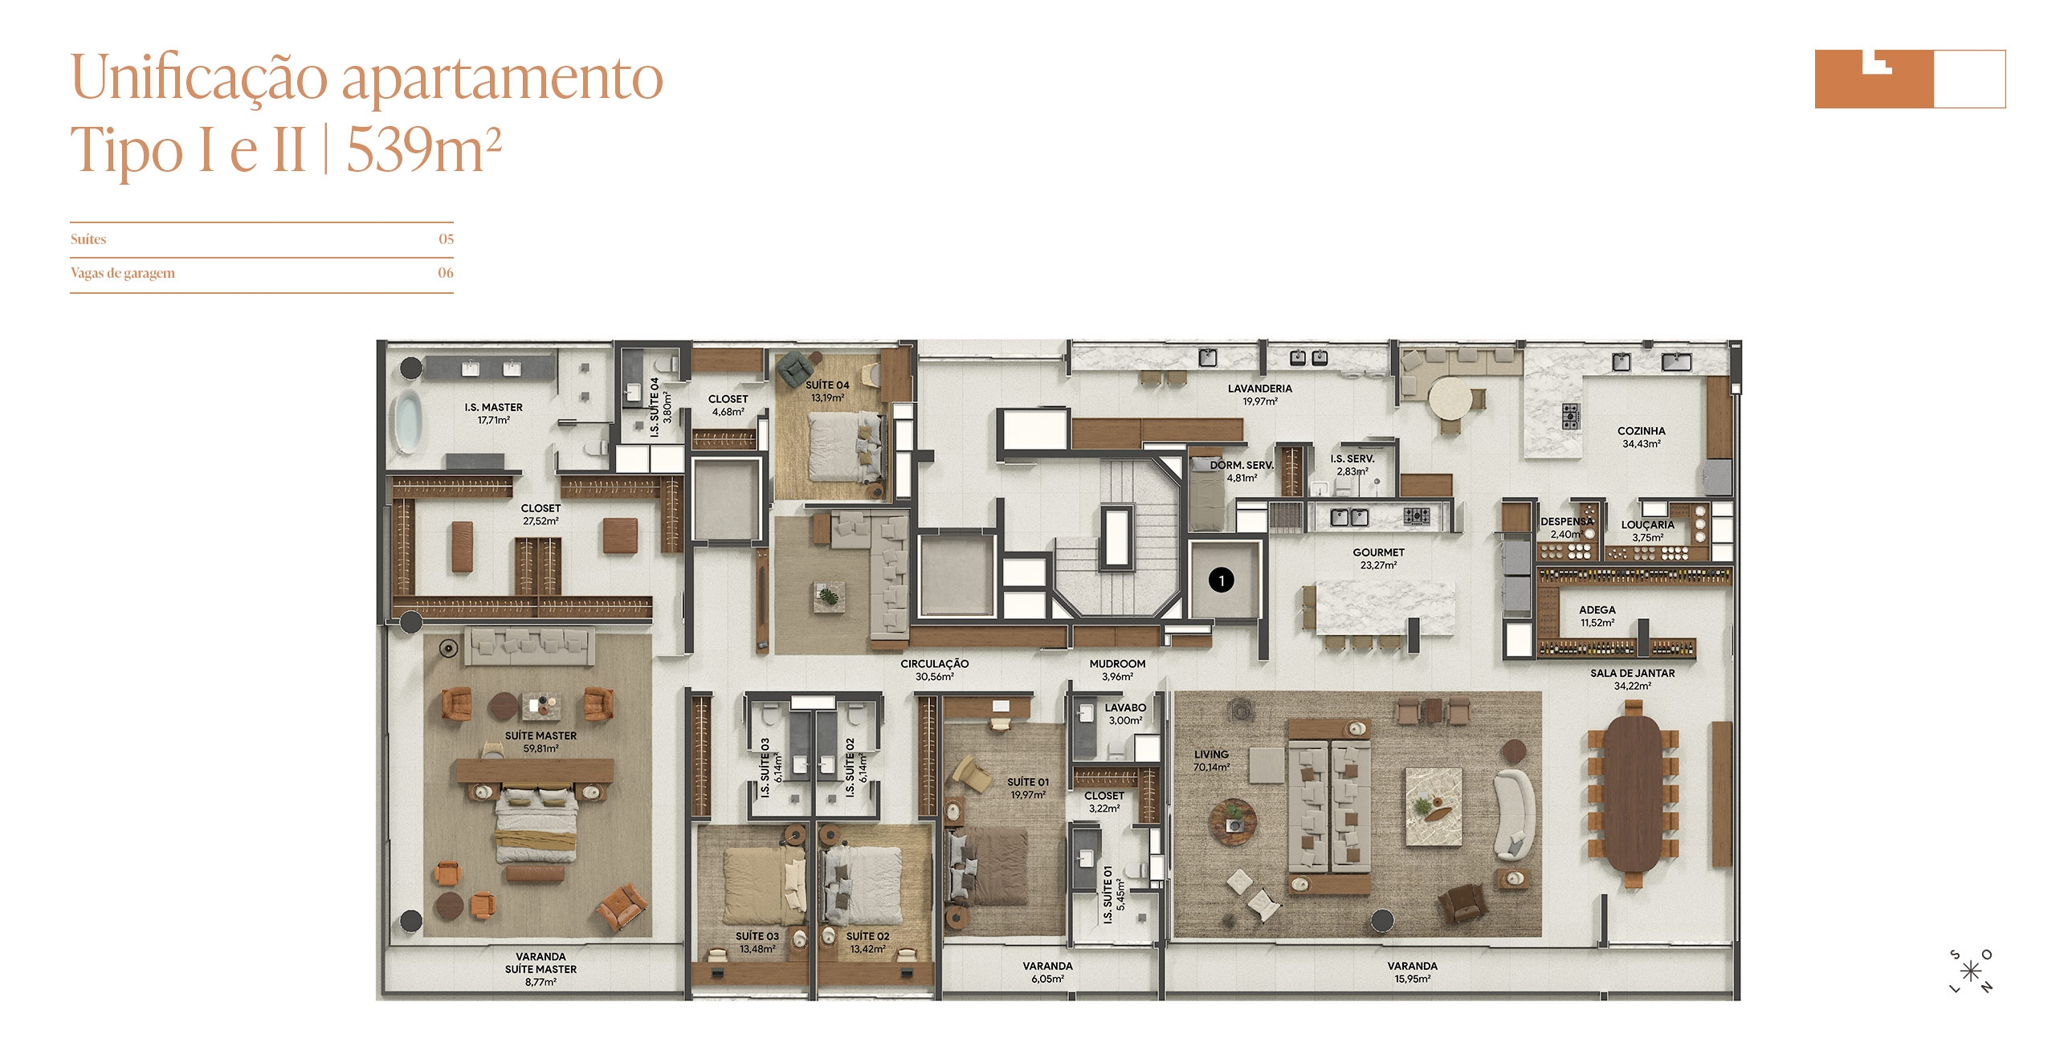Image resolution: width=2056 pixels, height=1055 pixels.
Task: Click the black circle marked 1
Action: point(1222,580)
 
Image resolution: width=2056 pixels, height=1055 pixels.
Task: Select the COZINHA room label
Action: point(1642,431)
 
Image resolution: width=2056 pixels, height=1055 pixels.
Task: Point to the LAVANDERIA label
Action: point(1260,389)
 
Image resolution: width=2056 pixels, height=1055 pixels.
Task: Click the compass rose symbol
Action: point(1970,971)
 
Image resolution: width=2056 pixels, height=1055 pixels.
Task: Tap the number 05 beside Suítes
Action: point(446,239)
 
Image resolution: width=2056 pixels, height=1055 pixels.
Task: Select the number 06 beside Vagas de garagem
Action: point(446,273)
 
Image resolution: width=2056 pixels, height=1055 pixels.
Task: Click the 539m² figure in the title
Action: point(424,149)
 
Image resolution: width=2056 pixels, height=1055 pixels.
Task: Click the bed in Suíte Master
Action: point(536,825)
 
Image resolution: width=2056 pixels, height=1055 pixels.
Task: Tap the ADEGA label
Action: point(1597,610)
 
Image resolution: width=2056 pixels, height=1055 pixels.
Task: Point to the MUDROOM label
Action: point(1117,664)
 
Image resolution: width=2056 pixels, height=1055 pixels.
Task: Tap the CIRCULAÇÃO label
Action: point(934,664)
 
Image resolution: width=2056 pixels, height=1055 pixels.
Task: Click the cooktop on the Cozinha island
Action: point(1570,416)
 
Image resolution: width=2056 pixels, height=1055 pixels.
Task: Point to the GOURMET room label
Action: point(1378,552)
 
